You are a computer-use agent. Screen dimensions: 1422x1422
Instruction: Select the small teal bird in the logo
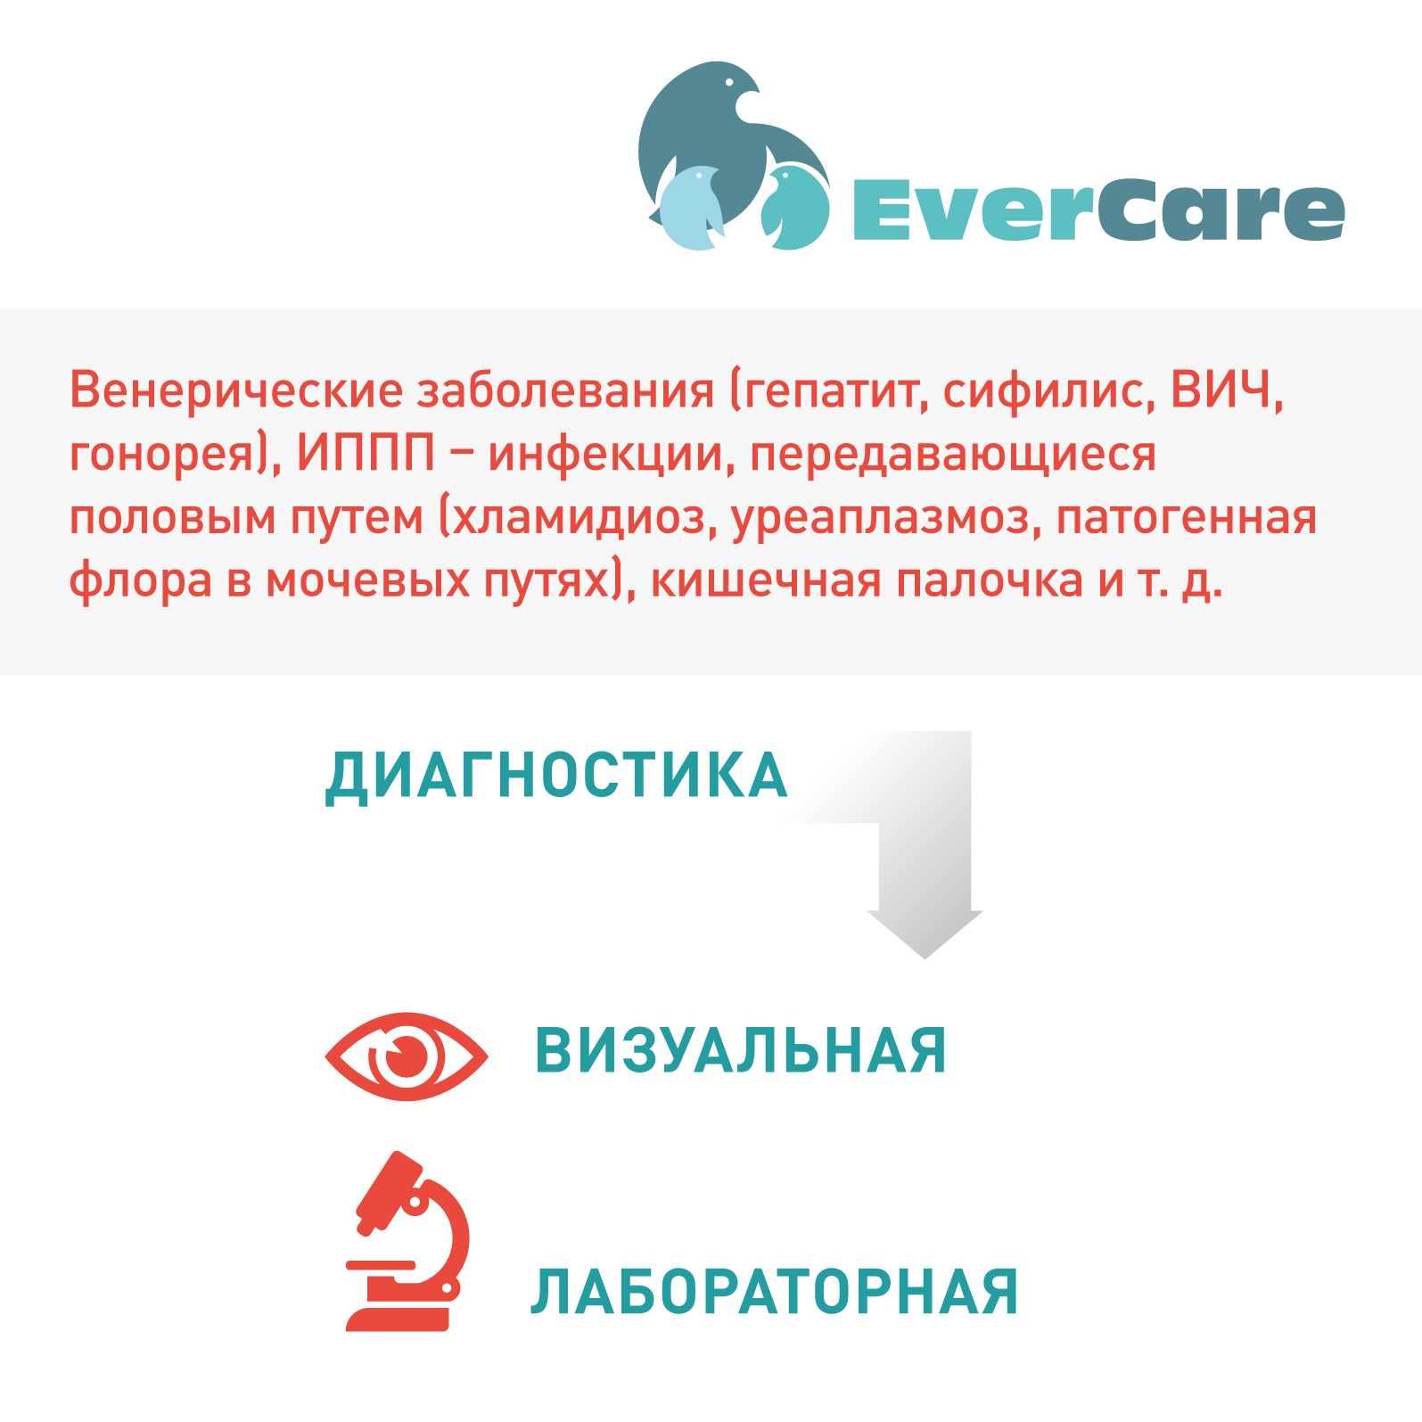click(x=795, y=207)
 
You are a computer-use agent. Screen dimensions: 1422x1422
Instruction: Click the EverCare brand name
click(x=1098, y=210)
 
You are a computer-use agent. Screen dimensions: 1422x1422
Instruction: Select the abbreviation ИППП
click(x=366, y=454)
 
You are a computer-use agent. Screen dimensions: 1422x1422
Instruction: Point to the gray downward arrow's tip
click(x=925, y=958)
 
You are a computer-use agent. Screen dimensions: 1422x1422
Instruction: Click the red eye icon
click(x=407, y=1056)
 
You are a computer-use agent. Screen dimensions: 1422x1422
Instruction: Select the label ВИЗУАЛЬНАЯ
click(x=741, y=1051)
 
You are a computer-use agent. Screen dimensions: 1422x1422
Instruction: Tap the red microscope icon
click(x=407, y=1242)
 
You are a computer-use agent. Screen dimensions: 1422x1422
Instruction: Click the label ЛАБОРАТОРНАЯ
click(x=775, y=1292)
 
